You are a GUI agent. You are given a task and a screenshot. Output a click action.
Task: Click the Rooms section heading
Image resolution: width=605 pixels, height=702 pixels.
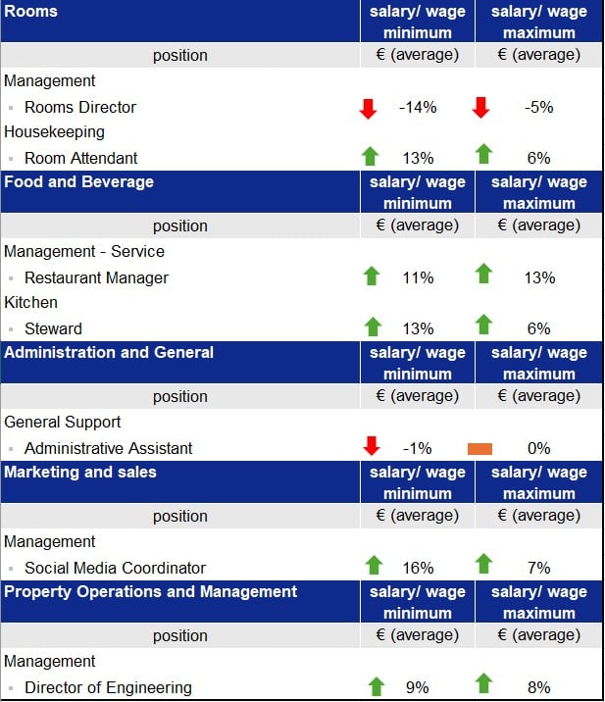31,12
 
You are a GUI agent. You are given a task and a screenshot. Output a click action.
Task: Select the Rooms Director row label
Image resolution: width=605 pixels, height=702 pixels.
80,107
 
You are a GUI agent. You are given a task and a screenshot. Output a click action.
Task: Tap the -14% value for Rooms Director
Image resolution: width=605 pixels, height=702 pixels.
418,107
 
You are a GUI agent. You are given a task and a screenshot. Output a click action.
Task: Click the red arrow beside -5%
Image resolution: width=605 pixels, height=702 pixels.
480,107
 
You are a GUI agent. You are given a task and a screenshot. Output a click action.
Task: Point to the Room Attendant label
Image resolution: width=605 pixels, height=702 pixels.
81,158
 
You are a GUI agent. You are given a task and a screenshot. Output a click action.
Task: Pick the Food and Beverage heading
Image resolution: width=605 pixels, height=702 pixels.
79,181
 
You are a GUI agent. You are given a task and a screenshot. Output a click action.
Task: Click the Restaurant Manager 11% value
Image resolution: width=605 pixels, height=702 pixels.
418,277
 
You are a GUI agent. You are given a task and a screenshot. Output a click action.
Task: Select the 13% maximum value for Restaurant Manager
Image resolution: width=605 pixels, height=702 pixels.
539,277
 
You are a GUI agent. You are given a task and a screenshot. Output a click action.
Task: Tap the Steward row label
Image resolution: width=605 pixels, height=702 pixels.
53,328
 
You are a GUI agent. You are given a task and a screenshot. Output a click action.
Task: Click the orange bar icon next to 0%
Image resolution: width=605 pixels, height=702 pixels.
480,448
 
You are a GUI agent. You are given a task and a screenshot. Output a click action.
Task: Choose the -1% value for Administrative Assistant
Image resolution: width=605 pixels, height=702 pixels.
418,448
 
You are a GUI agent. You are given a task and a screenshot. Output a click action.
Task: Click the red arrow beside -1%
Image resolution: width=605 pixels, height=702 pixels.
372,447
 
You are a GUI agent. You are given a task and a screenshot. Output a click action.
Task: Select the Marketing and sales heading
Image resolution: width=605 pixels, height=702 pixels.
80,472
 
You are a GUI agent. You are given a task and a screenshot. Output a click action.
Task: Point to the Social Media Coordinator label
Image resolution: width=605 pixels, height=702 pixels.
116,568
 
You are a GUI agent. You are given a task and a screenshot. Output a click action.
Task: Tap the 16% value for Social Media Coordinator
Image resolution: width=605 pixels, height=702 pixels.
418,568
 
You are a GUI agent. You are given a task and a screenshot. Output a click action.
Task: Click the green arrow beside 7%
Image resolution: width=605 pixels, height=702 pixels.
483,564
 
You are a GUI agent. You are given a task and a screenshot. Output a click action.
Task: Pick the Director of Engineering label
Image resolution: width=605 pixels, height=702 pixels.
108,687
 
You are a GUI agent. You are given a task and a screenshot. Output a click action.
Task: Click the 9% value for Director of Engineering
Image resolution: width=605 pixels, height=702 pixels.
418,687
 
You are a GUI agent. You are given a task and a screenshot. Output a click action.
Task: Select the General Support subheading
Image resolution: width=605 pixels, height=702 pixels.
63,422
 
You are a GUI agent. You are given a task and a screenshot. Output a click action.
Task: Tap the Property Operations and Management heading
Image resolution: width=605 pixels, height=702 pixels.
151,591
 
